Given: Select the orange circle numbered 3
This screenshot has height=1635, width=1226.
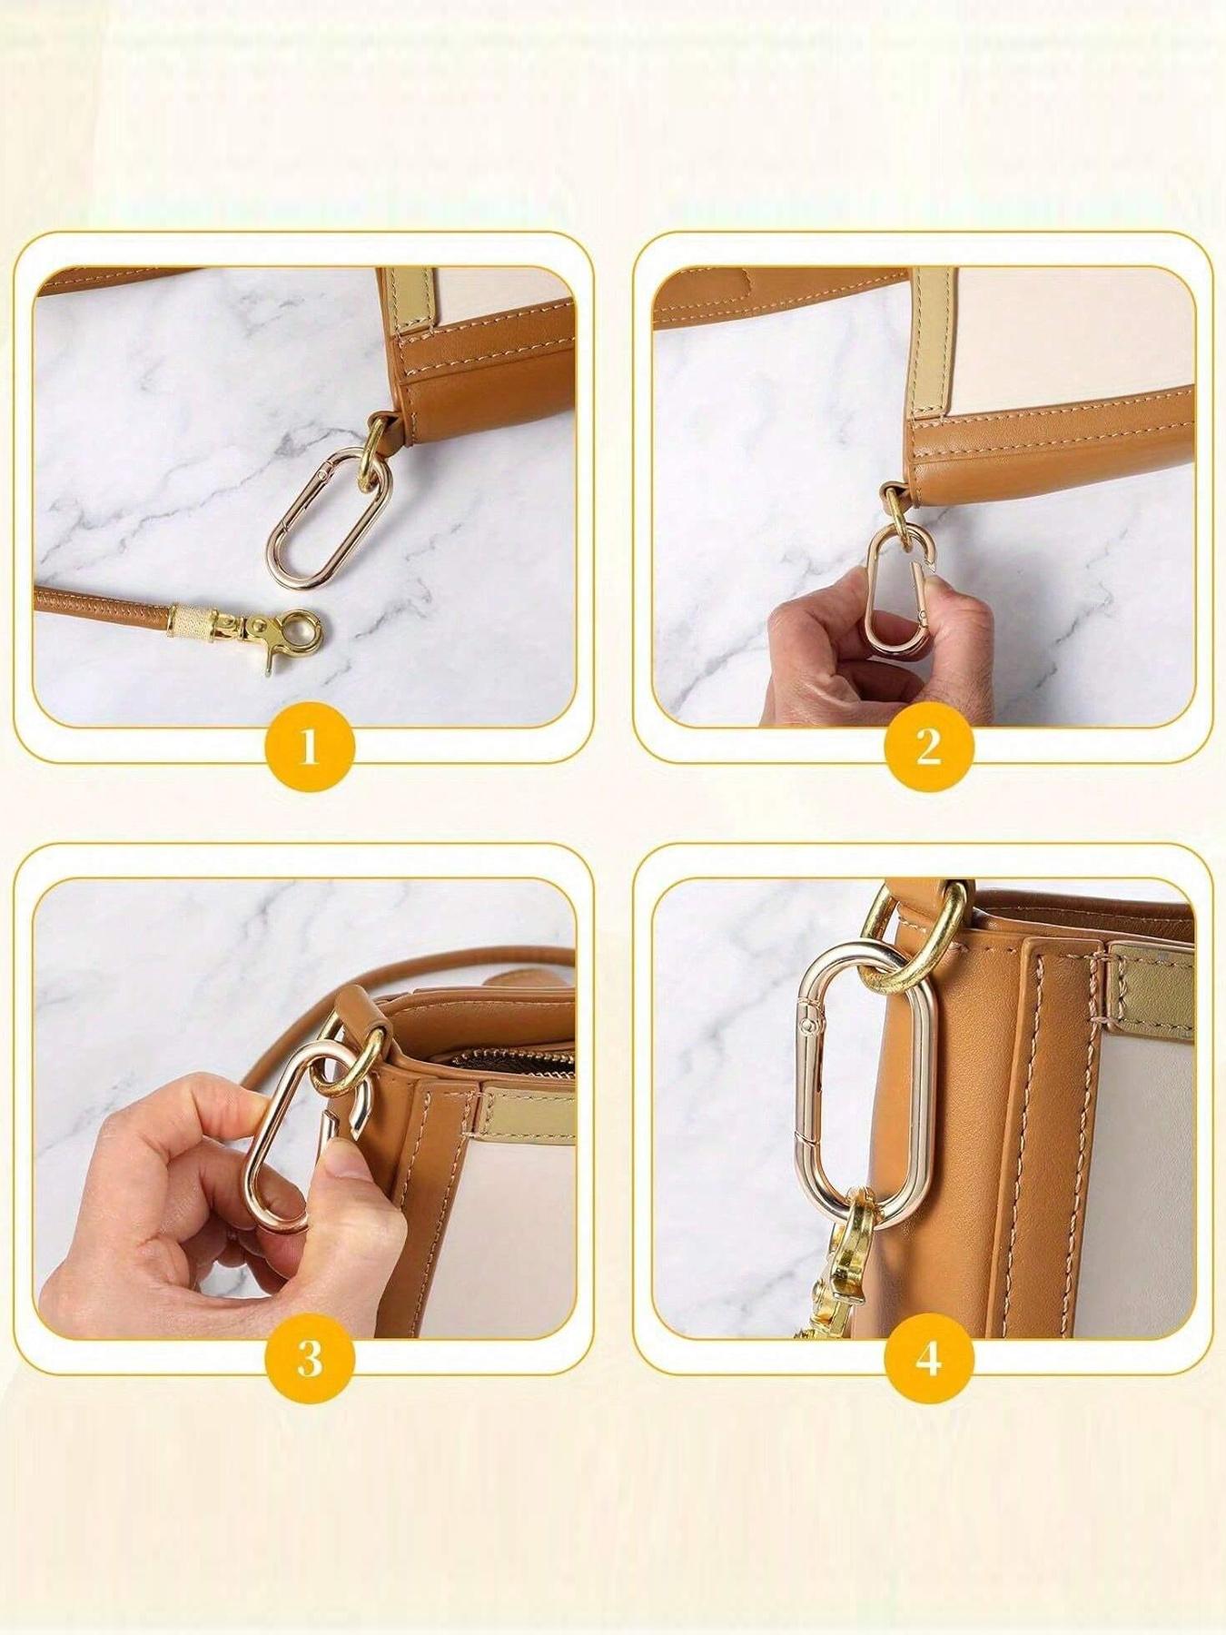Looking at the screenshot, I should click(309, 1359).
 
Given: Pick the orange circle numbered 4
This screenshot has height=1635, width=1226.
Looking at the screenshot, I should click(928, 1359).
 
